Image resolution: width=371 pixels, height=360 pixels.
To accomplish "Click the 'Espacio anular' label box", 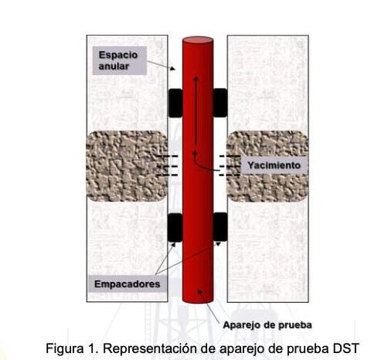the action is [120, 60].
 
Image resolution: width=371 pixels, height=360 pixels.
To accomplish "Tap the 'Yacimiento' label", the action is [274, 165].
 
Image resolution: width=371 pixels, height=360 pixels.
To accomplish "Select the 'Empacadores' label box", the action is [127, 284].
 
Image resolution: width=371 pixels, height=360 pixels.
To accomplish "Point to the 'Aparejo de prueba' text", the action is [267, 325].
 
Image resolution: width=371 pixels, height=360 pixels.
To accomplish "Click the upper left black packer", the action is [175, 103].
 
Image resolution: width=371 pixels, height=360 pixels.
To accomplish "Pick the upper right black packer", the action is [220, 103].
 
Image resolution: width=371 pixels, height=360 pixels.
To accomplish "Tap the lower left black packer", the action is [175, 227].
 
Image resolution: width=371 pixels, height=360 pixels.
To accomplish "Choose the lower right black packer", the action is [220, 227].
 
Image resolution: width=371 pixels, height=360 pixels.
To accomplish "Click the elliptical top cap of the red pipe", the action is [198, 40].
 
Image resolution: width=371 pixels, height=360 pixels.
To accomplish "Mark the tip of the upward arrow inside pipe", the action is [196, 76].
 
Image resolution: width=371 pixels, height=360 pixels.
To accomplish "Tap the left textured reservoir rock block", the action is [127, 166].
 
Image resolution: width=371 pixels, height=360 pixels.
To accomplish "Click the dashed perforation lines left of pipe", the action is [168, 165].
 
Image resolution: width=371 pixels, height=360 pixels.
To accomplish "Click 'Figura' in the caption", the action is [65, 348].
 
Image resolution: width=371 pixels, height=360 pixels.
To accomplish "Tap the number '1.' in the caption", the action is [94, 348].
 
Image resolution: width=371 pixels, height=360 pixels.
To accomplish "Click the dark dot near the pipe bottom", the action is [199, 291].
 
